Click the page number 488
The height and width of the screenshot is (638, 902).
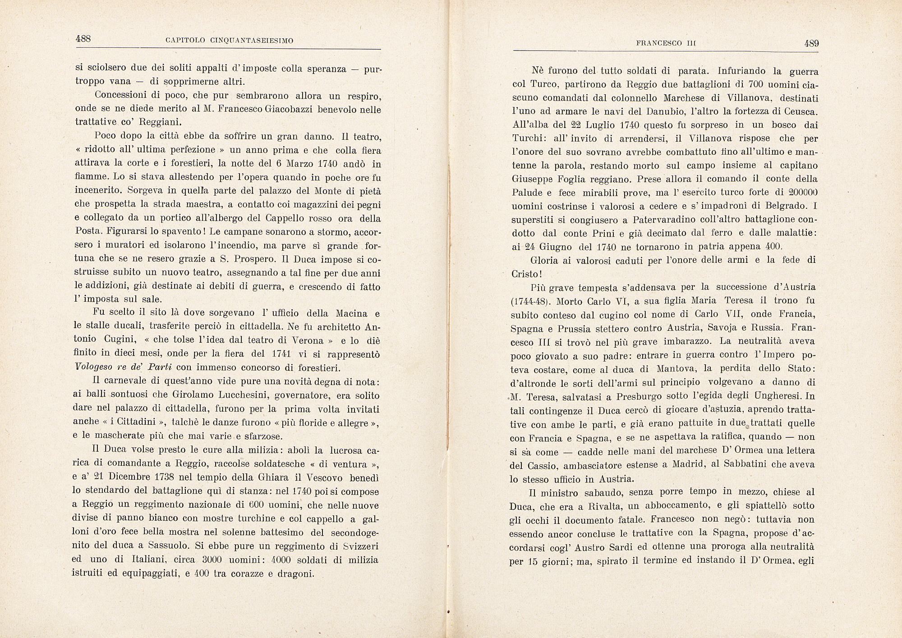click(x=83, y=39)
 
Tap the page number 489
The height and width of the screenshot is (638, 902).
click(x=811, y=43)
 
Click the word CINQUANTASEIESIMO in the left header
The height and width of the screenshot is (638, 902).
click(x=252, y=41)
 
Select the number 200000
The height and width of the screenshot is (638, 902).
click(x=799, y=192)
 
